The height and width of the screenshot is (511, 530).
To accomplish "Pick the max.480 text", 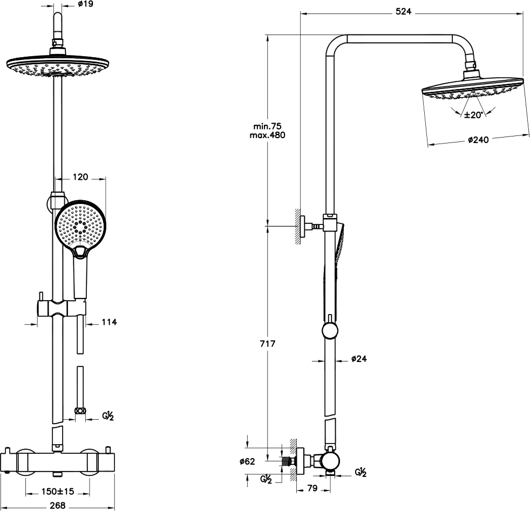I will click(x=267, y=135).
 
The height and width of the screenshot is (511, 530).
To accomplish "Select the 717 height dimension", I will click(x=268, y=344).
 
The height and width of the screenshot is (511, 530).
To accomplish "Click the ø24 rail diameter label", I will click(x=359, y=358).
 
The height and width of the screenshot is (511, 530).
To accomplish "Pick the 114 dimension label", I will click(x=109, y=322).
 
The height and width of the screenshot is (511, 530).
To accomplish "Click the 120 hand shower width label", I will click(x=80, y=177).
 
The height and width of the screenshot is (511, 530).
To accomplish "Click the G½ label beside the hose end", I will click(x=108, y=415).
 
